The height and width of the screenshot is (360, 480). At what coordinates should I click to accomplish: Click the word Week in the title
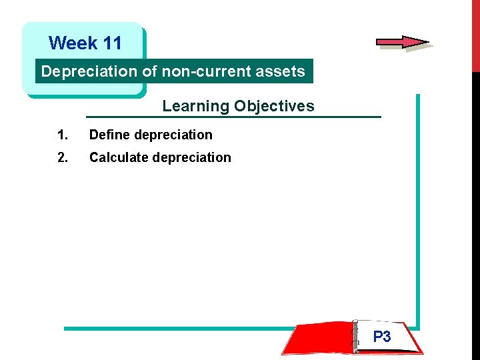pyautogui.click(x=73, y=43)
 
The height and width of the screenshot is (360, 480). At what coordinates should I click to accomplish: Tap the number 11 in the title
pyautogui.click(x=113, y=43)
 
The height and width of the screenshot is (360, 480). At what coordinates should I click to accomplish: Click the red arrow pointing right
pyautogui.click(x=402, y=42)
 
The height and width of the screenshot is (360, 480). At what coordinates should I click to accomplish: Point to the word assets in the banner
pyautogui.click(x=283, y=71)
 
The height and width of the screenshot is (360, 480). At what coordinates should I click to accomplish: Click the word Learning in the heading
pyautogui.click(x=195, y=106)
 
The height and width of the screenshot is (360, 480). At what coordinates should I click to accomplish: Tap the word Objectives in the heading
pyautogui.click(x=273, y=106)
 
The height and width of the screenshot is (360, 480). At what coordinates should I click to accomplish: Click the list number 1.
pyautogui.click(x=63, y=135)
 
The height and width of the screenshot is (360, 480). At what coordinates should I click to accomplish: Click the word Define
pyautogui.click(x=109, y=135)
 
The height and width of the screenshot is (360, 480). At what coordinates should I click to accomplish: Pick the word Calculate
pyautogui.click(x=119, y=157)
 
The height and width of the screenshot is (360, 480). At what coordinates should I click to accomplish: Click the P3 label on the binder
pyautogui.click(x=382, y=337)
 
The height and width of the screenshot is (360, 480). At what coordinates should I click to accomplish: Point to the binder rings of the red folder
pyautogui.click(x=354, y=337)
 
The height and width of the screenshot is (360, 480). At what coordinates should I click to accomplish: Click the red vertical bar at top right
pyautogui.click(x=475, y=33)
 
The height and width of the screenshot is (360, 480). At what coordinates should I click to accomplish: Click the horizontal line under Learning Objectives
pyautogui.click(x=233, y=117)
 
